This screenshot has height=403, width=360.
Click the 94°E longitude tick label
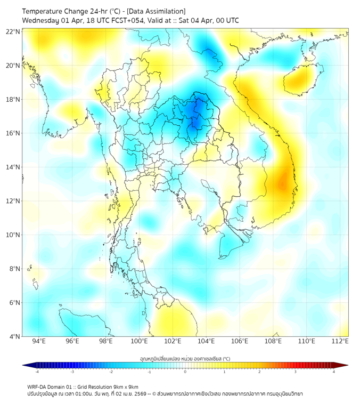[39, 341]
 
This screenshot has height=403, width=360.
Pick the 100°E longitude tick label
[139, 341]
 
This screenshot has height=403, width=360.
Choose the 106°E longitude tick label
[240, 341]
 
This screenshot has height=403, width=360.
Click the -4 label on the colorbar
[36, 372]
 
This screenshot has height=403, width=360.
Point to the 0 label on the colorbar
[185, 372]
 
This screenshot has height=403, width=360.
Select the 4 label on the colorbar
[334, 372]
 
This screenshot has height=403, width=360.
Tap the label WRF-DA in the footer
[37, 386]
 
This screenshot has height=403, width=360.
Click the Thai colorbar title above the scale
[185, 358]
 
